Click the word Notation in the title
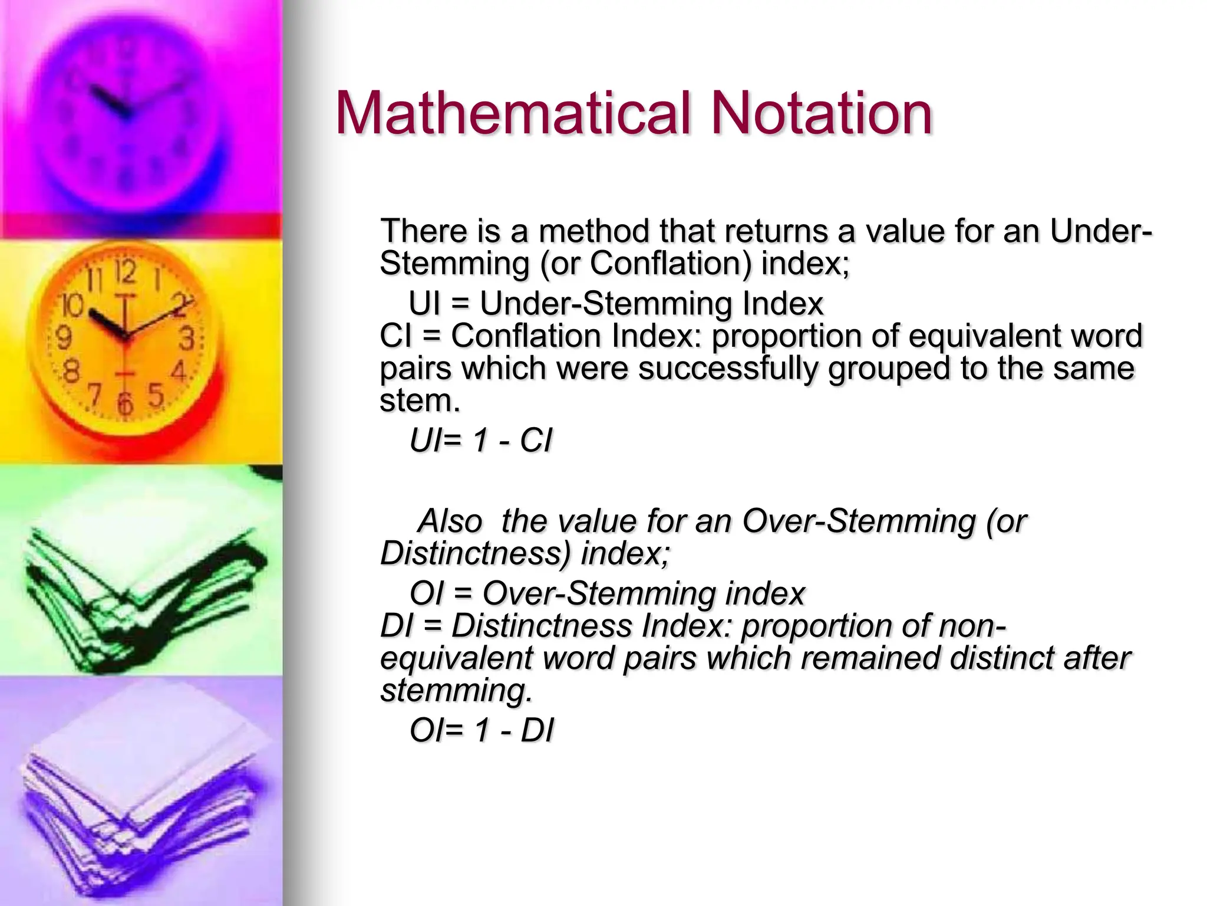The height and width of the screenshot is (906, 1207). [x=821, y=113]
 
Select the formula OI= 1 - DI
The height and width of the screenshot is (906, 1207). [x=482, y=730]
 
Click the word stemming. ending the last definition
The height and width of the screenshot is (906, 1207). [x=456, y=690]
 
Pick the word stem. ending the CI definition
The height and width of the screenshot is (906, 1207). [x=419, y=401]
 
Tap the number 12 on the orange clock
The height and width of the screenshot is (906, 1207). [x=126, y=272]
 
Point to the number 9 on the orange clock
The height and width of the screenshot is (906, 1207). [x=63, y=338]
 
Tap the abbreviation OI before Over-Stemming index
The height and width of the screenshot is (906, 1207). [x=426, y=593]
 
